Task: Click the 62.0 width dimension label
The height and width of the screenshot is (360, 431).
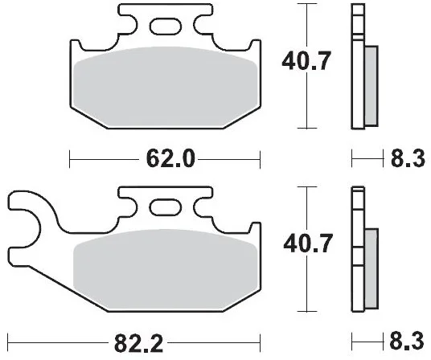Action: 170,159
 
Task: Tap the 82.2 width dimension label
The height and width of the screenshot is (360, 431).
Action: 138,343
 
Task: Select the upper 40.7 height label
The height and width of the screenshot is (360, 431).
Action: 306,61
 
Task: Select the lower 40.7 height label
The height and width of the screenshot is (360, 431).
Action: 308,243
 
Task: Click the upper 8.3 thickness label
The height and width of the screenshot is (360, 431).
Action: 408,159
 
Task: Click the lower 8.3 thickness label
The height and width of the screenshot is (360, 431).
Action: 407,341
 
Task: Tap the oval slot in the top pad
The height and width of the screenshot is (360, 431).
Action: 166,27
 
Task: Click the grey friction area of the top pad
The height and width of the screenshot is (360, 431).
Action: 166,88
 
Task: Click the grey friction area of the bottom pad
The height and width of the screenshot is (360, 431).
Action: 166,270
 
